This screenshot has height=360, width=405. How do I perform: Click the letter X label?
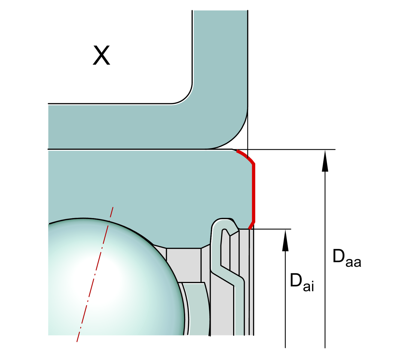pyautogui.click(x=101, y=55)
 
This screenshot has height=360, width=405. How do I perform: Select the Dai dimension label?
pyautogui.click(x=302, y=282)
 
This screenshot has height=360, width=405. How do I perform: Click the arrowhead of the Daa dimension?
pyautogui.click(x=325, y=161)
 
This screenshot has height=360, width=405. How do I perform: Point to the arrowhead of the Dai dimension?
pyautogui.click(x=285, y=241)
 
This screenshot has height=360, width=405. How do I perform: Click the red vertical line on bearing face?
pyautogui.click(x=254, y=193)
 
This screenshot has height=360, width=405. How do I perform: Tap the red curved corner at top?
pyautogui.click(x=246, y=157)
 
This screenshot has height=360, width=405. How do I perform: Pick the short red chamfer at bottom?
pyautogui.click(x=252, y=225)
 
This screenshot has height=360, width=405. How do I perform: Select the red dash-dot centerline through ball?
pyautogui.click(x=95, y=274)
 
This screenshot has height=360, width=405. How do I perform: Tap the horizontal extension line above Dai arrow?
pyautogui.click(x=270, y=229)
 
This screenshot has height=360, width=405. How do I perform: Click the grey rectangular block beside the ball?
pyautogui.click(x=184, y=265)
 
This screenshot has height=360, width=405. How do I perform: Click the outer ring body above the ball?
pyautogui.click(x=148, y=190)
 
